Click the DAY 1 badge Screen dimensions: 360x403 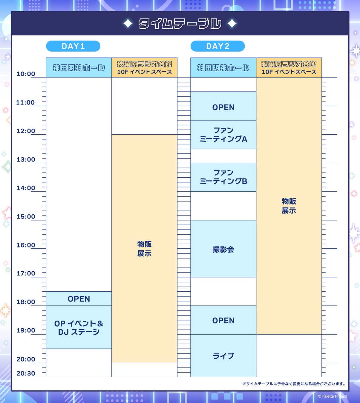click(x=73, y=46)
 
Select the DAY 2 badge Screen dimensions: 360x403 click(x=218, y=46)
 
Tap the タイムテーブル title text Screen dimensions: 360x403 click(x=180, y=24)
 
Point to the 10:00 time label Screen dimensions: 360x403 click(x=26, y=74)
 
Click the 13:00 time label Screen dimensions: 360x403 click(x=26, y=160)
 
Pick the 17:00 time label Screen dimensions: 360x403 click(x=26, y=273)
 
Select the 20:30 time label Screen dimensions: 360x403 click(x=26, y=373)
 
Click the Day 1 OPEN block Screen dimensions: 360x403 click(x=79, y=299)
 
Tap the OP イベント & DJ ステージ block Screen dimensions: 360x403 click(x=79, y=327)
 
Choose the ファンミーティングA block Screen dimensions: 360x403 click(x=223, y=135)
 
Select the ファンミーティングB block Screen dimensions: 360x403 click(x=223, y=177)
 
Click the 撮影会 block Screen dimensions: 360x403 click(x=223, y=249)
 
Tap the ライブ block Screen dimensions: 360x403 click(x=223, y=356)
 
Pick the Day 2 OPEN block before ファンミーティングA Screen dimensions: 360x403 click(x=223, y=107)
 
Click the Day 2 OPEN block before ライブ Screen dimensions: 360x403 click(x=223, y=320)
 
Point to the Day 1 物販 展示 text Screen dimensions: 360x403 click(x=144, y=249)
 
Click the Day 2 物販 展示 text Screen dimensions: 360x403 click(x=289, y=206)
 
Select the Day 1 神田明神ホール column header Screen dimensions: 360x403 click(x=79, y=68)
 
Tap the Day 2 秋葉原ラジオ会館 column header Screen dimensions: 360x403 click(x=289, y=68)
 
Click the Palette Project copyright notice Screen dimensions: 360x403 click(x=333, y=396)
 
